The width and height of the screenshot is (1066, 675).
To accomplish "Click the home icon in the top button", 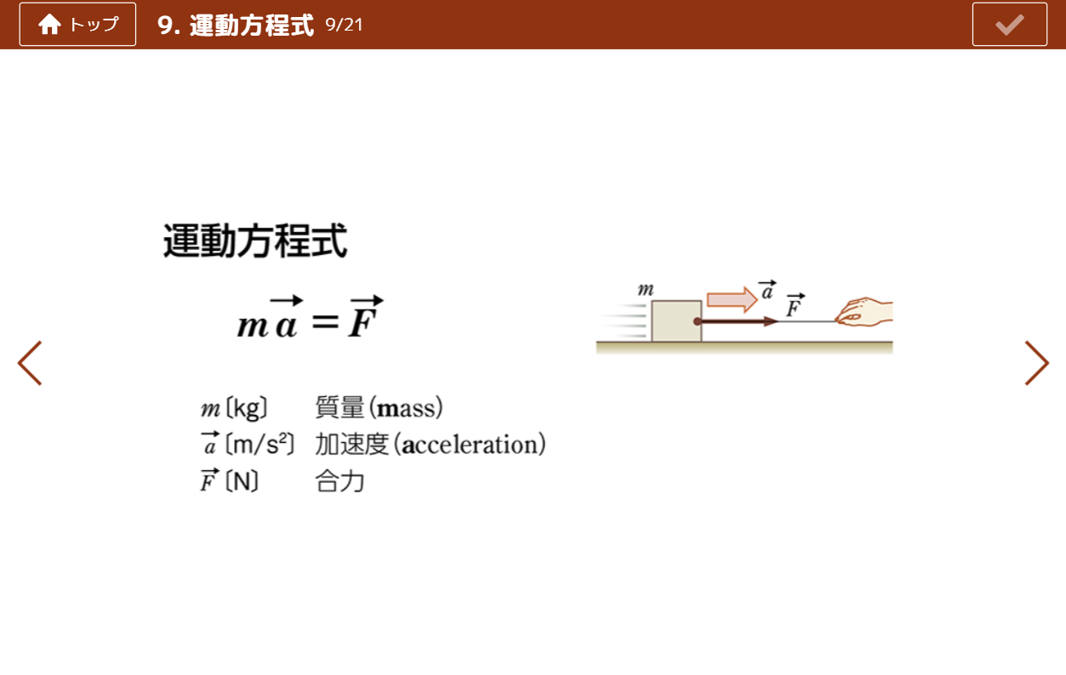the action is tap(49, 25).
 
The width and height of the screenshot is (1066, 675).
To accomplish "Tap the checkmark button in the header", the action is tap(1009, 25).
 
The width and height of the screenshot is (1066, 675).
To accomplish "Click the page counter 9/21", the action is tap(344, 25).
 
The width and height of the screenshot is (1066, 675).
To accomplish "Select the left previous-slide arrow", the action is tap(30, 363).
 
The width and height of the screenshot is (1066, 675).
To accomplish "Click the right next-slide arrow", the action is tap(1037, 363).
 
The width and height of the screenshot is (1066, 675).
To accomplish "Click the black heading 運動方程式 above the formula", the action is tap(255, 241).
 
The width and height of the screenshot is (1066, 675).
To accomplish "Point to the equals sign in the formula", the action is tap(326, 321).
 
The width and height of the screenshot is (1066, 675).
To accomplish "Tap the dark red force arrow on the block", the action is tap(736, 321).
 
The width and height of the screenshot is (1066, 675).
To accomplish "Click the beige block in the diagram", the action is tap(676, 320).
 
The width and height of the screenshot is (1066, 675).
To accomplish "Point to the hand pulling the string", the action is tap(864, 312).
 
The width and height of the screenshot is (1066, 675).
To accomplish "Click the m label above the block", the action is tap(646, 289).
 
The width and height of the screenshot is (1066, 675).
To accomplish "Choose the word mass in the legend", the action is tap(407, 409).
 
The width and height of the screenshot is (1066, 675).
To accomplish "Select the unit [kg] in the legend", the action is tap(246, 409).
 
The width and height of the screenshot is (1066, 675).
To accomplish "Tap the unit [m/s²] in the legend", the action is tap(259, 445).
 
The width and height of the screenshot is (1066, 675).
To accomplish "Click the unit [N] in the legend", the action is tap(242, 481).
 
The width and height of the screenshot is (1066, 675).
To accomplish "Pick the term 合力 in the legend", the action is tap(339, 481).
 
